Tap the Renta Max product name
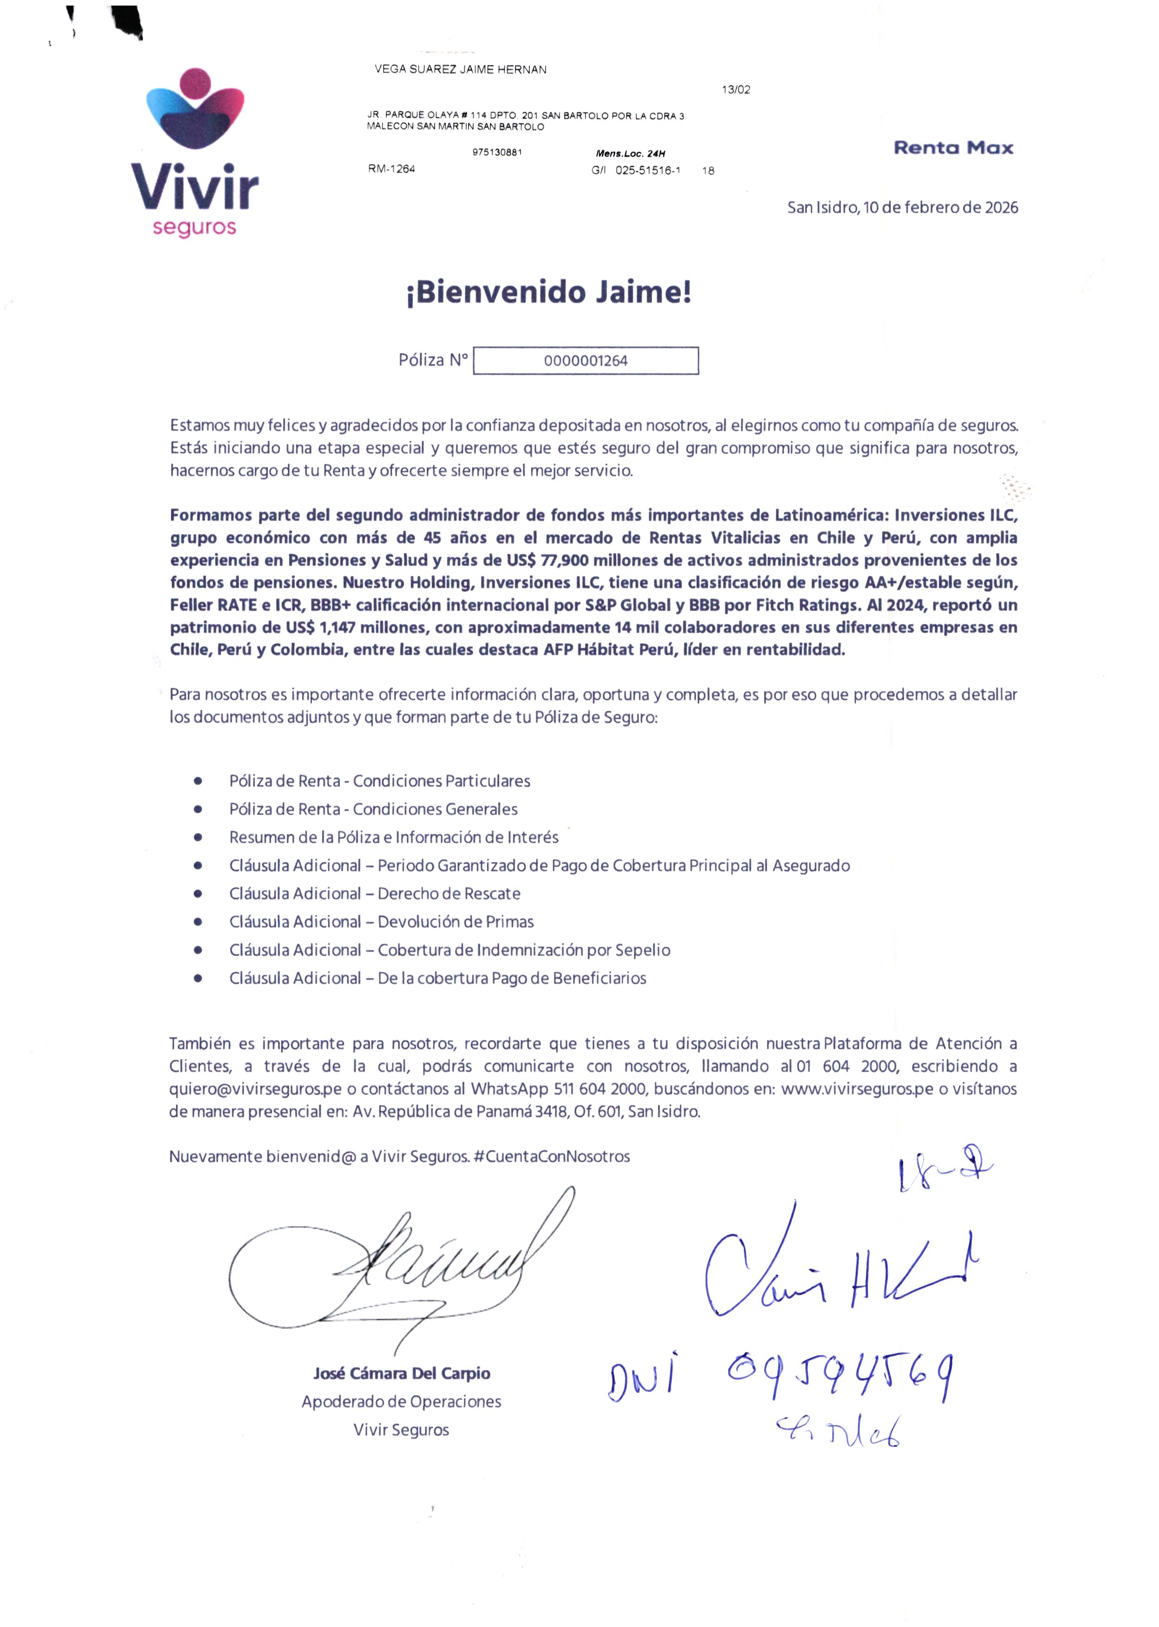coord(953,148)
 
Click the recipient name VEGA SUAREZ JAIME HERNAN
coord(460,69)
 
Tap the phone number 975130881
coord(497,152)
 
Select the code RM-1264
coord(391,169)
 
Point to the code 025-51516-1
coord(647,170)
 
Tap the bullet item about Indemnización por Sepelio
coord(523,950)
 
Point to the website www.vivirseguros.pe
coord(856,1089)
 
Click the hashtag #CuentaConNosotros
coord(551,1157)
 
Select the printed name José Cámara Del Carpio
coord(401,1373)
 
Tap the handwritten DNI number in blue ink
coord(839,1374)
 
